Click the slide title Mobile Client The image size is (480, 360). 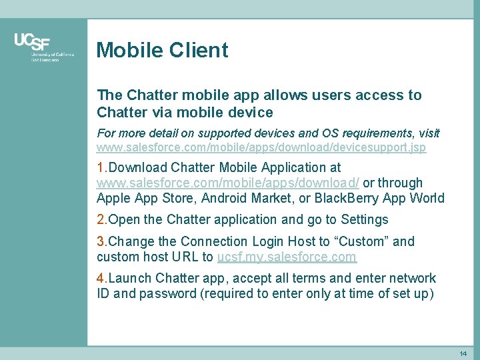(x=162, y=50)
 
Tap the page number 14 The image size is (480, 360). (x=463, y=353)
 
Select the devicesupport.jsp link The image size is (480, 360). (x=261, y=147)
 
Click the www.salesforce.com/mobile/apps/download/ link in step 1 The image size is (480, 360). (x=228, y=183)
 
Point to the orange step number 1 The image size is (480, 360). (x=101, y=167)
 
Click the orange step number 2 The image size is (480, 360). (x=101, y=219)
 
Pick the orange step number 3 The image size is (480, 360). (x=101, y=241)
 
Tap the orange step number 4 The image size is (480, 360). (x=101, y=278)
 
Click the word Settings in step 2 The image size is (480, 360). (x=364, y=219)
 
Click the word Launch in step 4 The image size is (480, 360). (x=130, y=278)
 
